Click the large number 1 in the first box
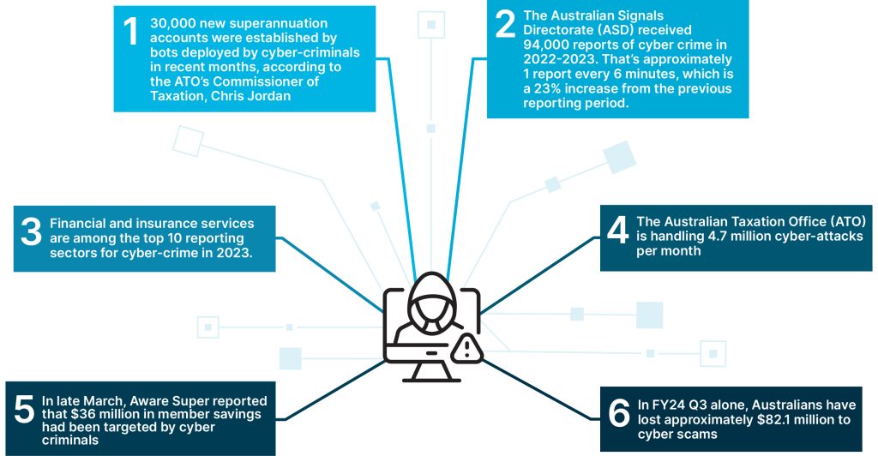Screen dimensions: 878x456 (x=130, y=31)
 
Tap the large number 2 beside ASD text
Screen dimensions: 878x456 (x=505, y=24)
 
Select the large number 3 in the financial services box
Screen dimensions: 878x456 (x=32, y=231)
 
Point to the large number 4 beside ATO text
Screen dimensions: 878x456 (x=617, y=230)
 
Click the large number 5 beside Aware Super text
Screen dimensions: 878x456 (x=24, y=409)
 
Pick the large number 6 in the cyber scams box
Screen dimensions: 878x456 (x=619, y=413)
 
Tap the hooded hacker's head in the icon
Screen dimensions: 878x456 (x=431, y=301)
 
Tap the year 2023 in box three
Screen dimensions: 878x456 (x=237, y=252)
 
